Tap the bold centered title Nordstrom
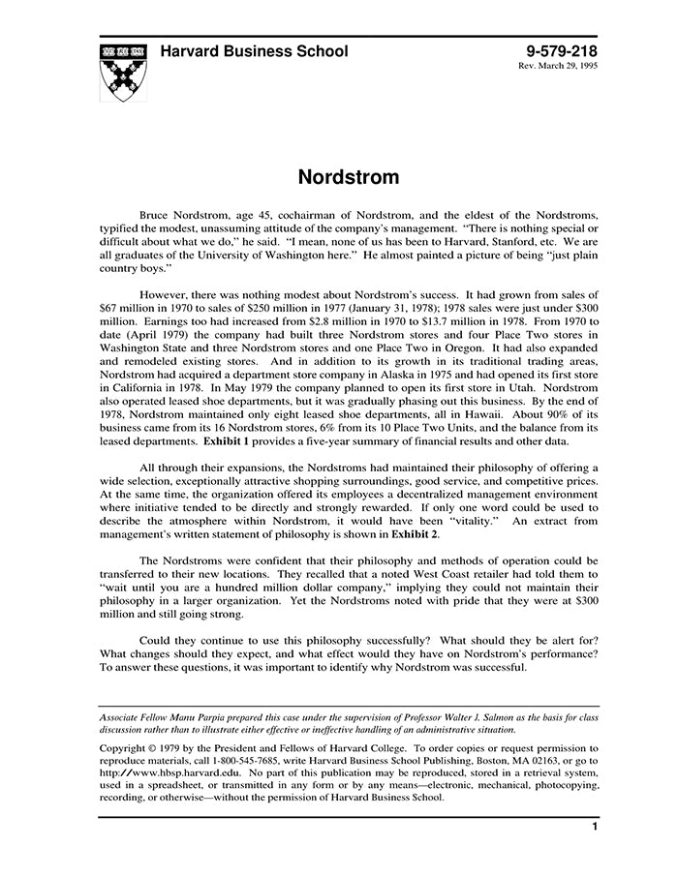click(335, 177)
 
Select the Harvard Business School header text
click(254, 51)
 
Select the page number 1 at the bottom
click(594, 828)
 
